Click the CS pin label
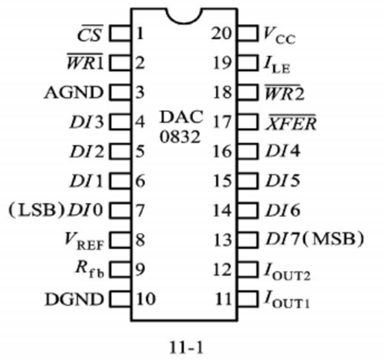tap(90, 33)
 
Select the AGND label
tap(73, 92)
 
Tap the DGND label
tap(74, 299)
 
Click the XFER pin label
tap(291, 122)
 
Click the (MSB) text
tap(333, 239)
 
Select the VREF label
tap(84, 241)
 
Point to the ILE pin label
tap(277, 65)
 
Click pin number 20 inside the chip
tap(221, 33)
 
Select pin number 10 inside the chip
tap(146, 299)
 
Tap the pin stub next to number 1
tap(120, 33)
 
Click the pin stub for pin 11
tap(247, 299)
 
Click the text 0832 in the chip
tap(180, 136)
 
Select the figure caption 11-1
tap(186, 348)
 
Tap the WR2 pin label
tap(284, 92)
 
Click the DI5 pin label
tap(283, 181)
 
